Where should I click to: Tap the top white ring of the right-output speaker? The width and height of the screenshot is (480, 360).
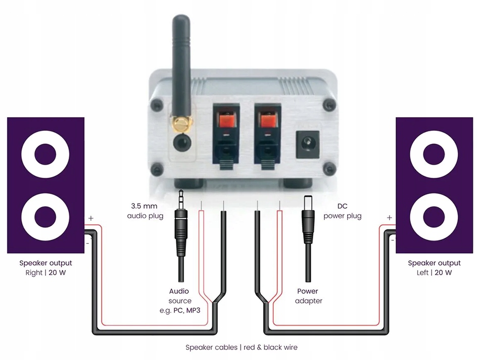click(45, 152)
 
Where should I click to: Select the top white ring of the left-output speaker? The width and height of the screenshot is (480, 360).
click(434, 152)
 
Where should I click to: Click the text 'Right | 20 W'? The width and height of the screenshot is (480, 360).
click(45, 273)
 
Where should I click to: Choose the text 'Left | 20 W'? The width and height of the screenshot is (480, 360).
click(434, 273)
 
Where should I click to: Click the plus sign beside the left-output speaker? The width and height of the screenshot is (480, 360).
click(389, 218)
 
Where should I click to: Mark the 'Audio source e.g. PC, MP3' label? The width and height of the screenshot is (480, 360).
click(179, 301)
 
